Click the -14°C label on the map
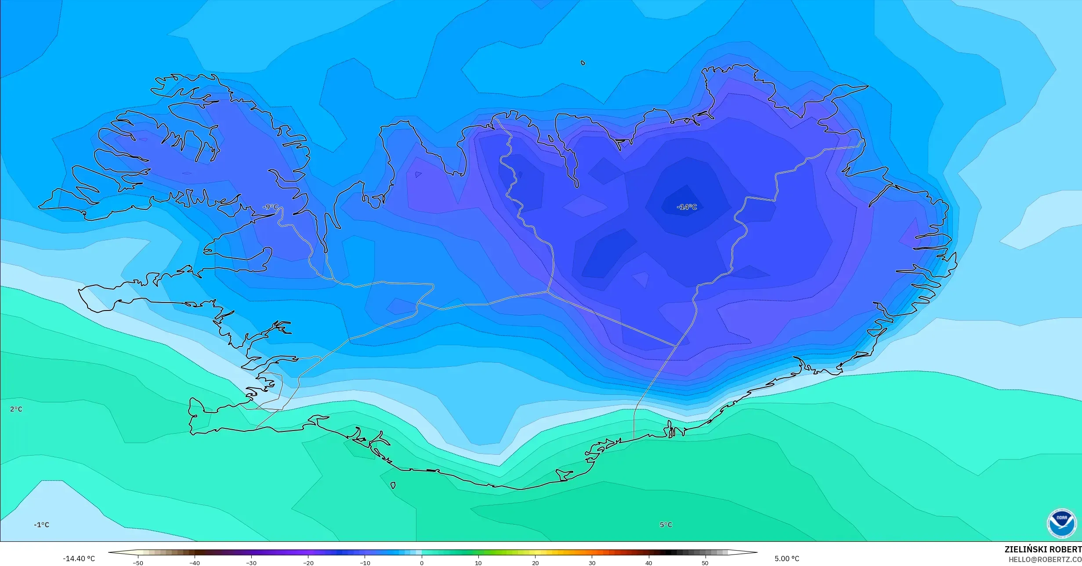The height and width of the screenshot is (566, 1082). pyautogui.click(x=687, y=207)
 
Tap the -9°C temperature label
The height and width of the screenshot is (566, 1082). pyautogui.click(x=270, y=207)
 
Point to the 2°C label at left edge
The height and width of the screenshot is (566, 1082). pyautogui.click(x=16, y=409)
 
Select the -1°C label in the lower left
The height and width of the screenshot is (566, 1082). pyautogui.click(x=41, y=525)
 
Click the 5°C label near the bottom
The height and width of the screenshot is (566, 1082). pyautogui.click(x=666, y=525)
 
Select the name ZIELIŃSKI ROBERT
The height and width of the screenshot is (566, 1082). pyautogui.click(x=1042, y=549)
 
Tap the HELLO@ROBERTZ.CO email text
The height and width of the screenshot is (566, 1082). pyautogui.click(x=1044, y=559)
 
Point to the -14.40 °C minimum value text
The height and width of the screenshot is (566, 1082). pyautogui.click(x=79, y=559)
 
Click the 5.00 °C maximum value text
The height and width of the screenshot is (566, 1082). pyautogui.click(x=786, y=559)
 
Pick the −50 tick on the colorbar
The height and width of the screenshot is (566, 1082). pyautogui.click(x=138, y=563)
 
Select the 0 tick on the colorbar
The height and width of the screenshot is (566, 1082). pyautogui.click(x=422, y=563)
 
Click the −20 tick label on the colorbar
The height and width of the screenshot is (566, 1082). pyautogui.click(x=308, y=563)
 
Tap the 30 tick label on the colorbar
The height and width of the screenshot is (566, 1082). pyautogui.click(x=592, y=563)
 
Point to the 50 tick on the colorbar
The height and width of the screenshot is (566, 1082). pyautogui.click(x=705, y=563)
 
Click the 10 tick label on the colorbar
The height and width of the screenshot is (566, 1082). pyautogui.click(x=478, y=563)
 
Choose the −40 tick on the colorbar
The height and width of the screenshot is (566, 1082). pyautogui.click(x=195, y=563)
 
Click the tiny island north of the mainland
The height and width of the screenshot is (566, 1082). pyautogui.click(x=583, y=63)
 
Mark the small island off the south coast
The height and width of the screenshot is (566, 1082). pyautogui.click(x=393, y=486)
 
